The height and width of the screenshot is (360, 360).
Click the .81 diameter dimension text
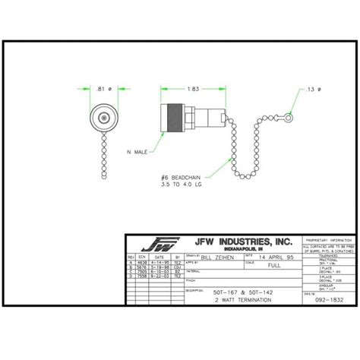(102, 89)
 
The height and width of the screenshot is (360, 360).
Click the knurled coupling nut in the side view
(175, 118)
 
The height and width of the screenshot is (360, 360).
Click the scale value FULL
(274, 267)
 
